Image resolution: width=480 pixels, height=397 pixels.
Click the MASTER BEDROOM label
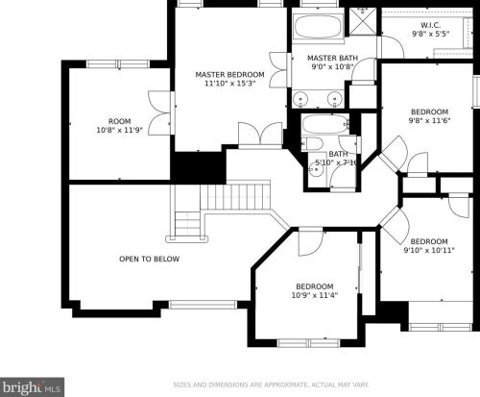[x=229, y=75]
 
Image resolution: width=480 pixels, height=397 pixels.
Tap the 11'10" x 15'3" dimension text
[x=229, y=84]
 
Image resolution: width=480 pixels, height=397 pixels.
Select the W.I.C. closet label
[x=430, y=25]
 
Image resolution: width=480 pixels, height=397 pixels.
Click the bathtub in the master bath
[x=318, y=27]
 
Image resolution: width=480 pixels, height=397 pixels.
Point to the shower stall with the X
[x=363, y=21]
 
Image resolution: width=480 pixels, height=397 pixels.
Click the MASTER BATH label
[x=332, y=58]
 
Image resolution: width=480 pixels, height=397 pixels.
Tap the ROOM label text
[x=120, y=121]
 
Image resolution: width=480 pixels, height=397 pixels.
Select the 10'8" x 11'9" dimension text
[x=120, y=130]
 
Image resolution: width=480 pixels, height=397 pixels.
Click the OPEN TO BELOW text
[x=149, y=259]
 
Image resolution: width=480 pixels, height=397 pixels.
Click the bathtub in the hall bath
[x=325, y=124]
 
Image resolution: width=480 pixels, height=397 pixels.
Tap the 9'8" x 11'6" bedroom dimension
[x=429, y=121]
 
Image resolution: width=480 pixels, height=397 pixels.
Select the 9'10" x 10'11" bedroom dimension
[x=429, y=250]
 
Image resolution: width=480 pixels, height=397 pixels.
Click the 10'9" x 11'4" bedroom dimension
[x=315, y=295]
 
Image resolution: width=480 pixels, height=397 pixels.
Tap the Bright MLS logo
[x=32, y=387]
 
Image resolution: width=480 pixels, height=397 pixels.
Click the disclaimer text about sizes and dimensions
[x=271, y=385]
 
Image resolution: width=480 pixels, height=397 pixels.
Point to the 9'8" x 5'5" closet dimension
[x=431, y=34]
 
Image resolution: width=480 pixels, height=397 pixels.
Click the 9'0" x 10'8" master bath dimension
[x=332, y=67]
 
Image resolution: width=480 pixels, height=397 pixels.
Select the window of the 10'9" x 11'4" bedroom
[x=308, y=343]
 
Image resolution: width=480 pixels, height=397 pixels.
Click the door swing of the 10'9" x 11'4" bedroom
[x=310, y=242]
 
